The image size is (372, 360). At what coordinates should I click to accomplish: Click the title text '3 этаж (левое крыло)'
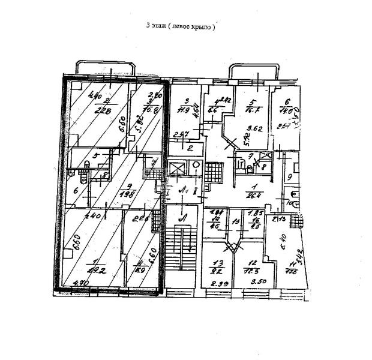[180, 27]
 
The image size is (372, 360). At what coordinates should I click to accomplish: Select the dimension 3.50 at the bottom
[259, 282]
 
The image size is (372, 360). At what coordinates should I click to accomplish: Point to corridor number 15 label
[236, 221]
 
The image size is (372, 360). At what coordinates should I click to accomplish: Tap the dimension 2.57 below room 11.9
[181, 134]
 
